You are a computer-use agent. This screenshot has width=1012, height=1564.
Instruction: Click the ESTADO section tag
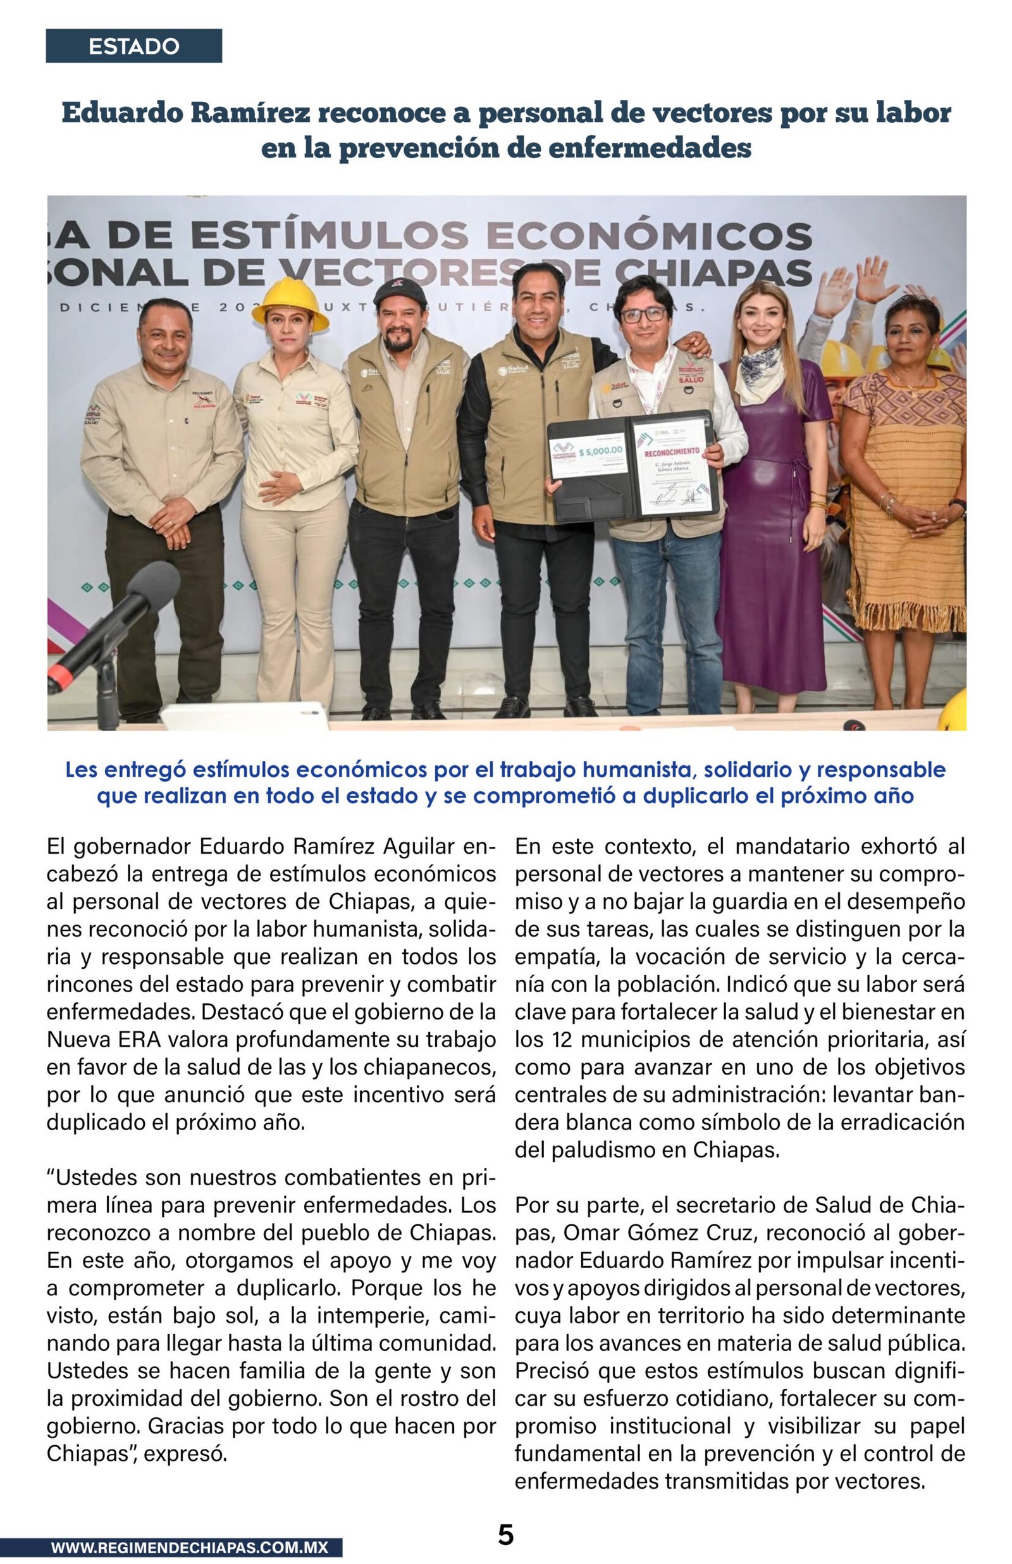133,46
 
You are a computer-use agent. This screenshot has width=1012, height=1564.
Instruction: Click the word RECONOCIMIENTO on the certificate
672,452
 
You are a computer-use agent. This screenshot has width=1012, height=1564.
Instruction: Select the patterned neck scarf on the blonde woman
758,373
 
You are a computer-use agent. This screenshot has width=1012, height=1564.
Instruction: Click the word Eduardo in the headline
122,113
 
